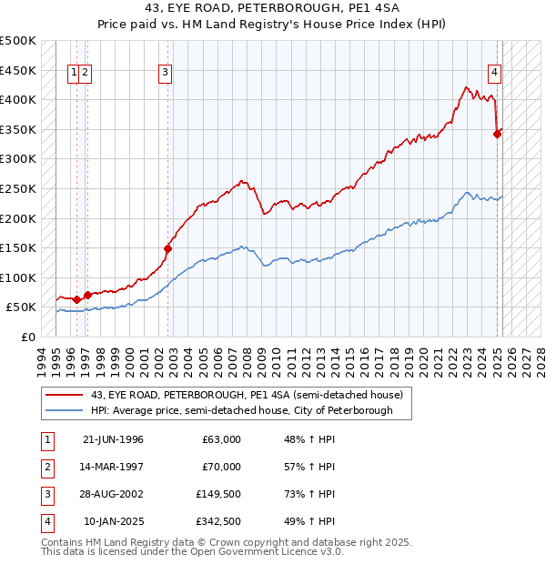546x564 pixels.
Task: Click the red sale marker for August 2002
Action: (x=168, y=247)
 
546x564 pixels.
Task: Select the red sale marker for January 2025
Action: (x=497, y=134)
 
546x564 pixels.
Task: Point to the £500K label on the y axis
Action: (x=18, y=41)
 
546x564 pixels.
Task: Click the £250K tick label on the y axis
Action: (x=18, y=188)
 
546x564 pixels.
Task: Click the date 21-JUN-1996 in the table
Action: (x=113, y=439)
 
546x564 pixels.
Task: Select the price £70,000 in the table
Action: (x=221, y=467)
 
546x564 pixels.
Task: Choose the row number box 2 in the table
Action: (x=45, y=467)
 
